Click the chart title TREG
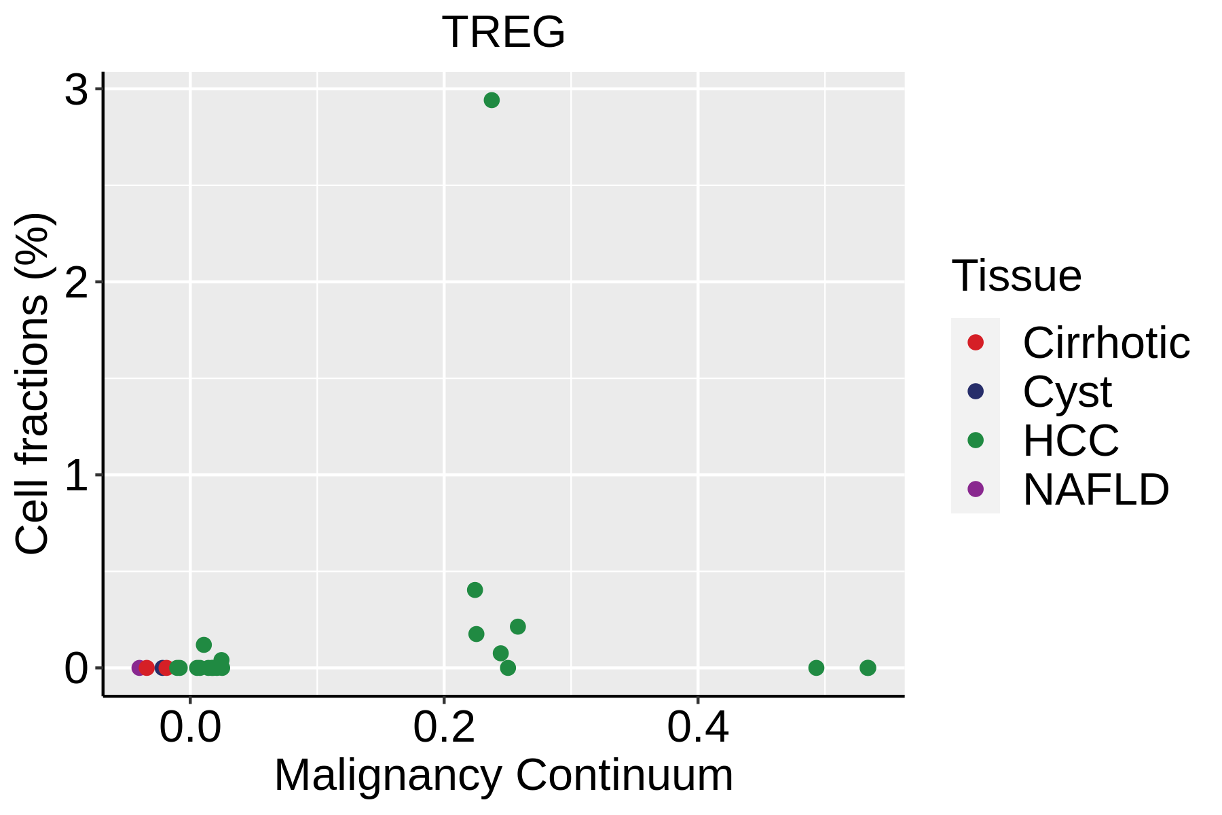click(503, 32)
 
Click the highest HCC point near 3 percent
click(492, 101)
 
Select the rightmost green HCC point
click(868, 668)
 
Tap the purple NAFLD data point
click(138, 668)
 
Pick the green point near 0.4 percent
click(475, 590)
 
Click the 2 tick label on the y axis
click(77, 282)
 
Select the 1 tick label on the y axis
click(77, 475)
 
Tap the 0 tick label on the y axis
click(77, 668)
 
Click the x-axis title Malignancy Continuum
click(503, 775)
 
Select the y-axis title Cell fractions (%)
click(32, 384)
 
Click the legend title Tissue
click(1016, 276)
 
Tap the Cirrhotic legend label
click(1106, 343)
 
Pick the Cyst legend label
click(1067, 392)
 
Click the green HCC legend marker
click(976, 440)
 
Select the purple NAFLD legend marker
click(976, 489)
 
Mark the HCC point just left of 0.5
click(816, 668)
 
